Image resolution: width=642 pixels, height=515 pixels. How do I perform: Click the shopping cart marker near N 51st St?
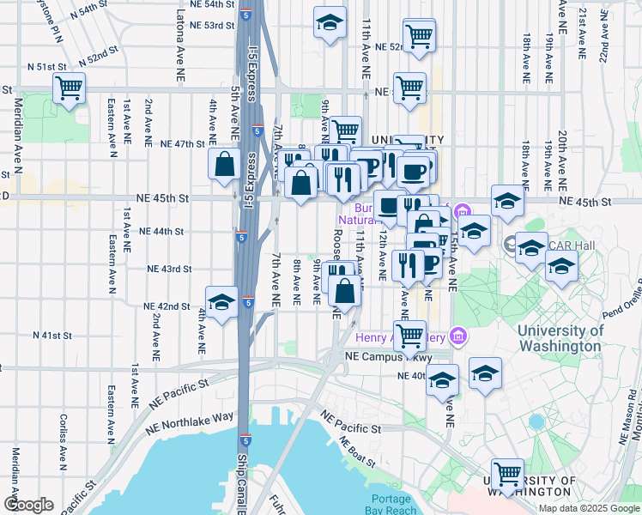coord(69,88)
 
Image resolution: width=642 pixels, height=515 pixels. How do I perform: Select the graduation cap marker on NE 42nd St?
coord(222,302)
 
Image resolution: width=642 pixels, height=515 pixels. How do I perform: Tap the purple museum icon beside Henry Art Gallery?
coord(459,335)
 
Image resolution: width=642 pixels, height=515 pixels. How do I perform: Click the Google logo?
coord(29,505)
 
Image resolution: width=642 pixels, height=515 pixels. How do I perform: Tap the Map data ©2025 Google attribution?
coord(588,508)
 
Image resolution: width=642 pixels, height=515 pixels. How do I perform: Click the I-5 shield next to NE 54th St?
coord(247,15)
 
